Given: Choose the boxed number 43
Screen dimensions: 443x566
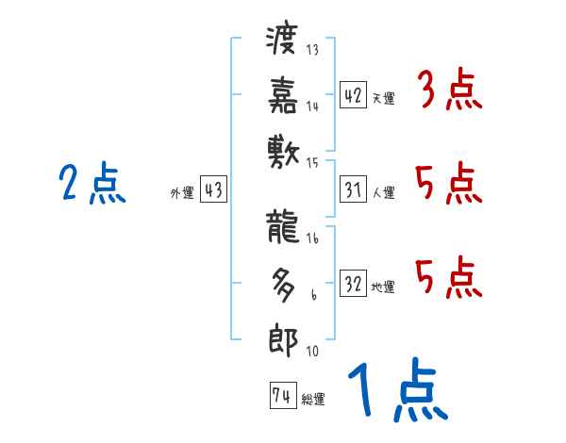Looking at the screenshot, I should pos(213,190).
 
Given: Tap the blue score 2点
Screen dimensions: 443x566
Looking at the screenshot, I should pos(92,184).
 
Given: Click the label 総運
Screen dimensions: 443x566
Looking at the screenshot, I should pos(313,400).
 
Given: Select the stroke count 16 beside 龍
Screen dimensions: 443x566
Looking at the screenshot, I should pos(313,239).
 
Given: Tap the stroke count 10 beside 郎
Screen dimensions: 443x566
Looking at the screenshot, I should pos(313,352).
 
